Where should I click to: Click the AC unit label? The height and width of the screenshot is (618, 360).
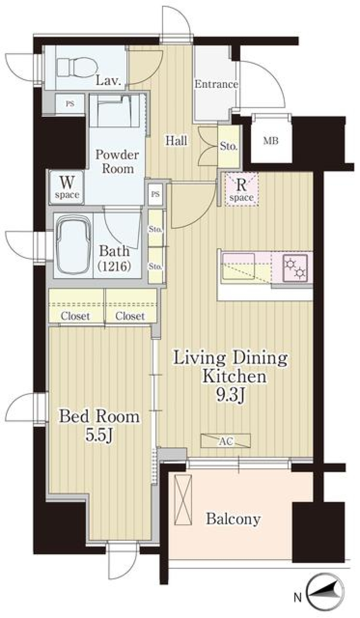[x=226, y=441]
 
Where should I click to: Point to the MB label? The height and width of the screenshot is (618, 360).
[x=270, y=141]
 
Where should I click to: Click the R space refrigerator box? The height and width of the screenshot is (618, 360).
[x=242, y=189]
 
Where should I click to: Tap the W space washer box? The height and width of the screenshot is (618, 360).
[x=67, y=187]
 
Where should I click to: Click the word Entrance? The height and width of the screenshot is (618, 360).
[x=216, y=84]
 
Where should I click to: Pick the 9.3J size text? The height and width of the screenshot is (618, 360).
[x=231, y=394]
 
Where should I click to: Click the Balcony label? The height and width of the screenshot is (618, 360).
[x=233, y=519]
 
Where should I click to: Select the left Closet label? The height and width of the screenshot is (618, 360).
[x=75, y=316]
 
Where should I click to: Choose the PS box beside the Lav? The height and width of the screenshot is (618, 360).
[x=70, y=104]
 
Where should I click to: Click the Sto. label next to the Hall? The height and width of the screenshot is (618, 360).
[x=228, y=146]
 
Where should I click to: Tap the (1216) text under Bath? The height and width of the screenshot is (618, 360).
[x=114, y=266]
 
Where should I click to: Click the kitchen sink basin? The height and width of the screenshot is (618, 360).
[x=238, y=267]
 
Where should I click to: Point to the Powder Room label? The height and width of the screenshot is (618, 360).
[x=117, y=162]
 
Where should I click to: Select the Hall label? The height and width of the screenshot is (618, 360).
[x=176, y=141]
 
